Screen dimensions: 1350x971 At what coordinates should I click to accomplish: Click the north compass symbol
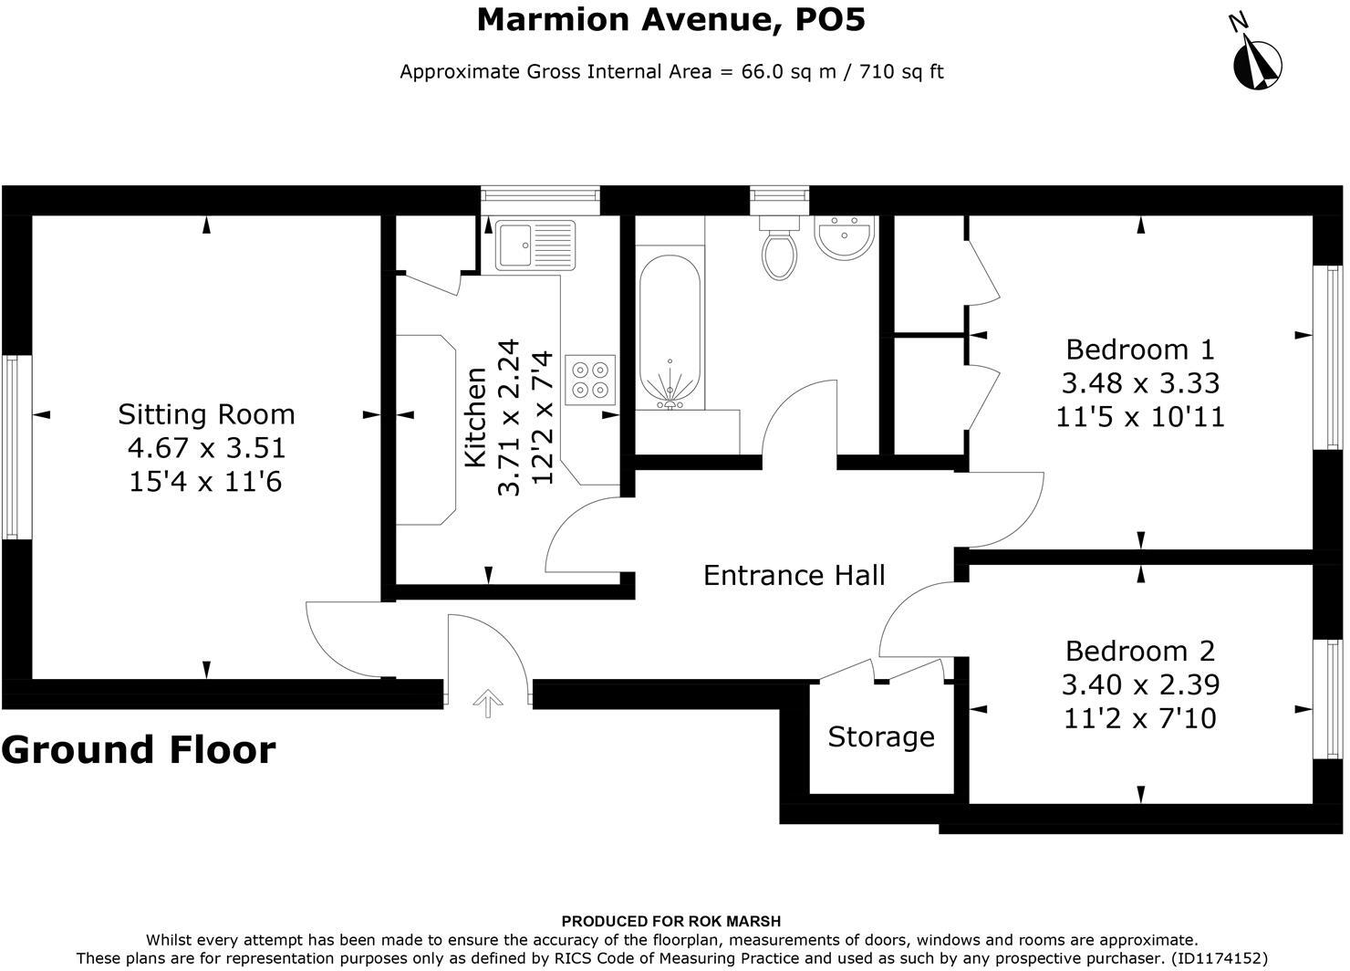[x=1257, y=64]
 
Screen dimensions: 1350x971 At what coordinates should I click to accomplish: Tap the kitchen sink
[x=535, y=245]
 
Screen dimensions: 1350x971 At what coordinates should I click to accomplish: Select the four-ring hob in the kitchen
[x=590, y=380]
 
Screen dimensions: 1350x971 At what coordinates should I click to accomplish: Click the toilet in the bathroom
[x=779, y=248]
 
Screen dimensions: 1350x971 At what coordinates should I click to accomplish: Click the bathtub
[x=670, y=332]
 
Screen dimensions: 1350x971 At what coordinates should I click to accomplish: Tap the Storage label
[x=881, y=737]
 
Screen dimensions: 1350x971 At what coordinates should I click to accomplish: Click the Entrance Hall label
[x=794, y=575]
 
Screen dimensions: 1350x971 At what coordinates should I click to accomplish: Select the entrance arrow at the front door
[x=488, y=704]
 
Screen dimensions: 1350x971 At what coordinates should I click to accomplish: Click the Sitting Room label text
[x=206, y=414]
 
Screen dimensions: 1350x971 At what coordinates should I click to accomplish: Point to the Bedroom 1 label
[x=1140, y=350]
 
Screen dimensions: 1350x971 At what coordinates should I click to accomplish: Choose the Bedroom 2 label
[x=1140, y=651]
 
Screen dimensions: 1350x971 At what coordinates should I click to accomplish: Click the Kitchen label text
[x=476, y=417]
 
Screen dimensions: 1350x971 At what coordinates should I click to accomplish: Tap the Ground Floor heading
[x=139, y=749]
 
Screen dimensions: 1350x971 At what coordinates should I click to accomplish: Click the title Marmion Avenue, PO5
[x=671, y=20]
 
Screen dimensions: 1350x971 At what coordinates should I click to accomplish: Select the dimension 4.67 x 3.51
[x=206, y=447]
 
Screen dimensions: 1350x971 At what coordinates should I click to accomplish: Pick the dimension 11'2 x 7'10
[x=1140, y=718]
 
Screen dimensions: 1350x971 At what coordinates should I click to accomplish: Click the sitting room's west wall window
[x=12, y=447]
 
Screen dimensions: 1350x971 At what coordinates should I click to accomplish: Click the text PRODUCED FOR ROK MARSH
[x=671, y=921]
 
